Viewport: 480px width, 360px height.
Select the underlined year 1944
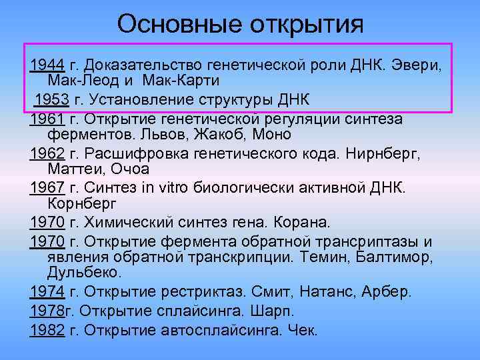point(47,65)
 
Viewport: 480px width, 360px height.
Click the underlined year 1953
point(51,101)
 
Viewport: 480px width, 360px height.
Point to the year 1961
point(47,119)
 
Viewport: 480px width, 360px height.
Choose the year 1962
point(47,153)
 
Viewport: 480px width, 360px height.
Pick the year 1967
point(47,187)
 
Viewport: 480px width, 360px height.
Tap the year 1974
point(47,291)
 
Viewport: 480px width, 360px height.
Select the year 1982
point(47,330)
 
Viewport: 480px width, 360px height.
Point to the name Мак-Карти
point(185,79)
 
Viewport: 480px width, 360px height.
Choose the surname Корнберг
point(83,202)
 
